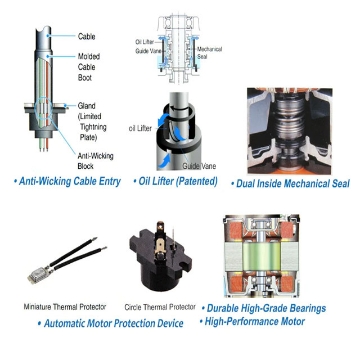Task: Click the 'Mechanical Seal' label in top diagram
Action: point(210,50)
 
